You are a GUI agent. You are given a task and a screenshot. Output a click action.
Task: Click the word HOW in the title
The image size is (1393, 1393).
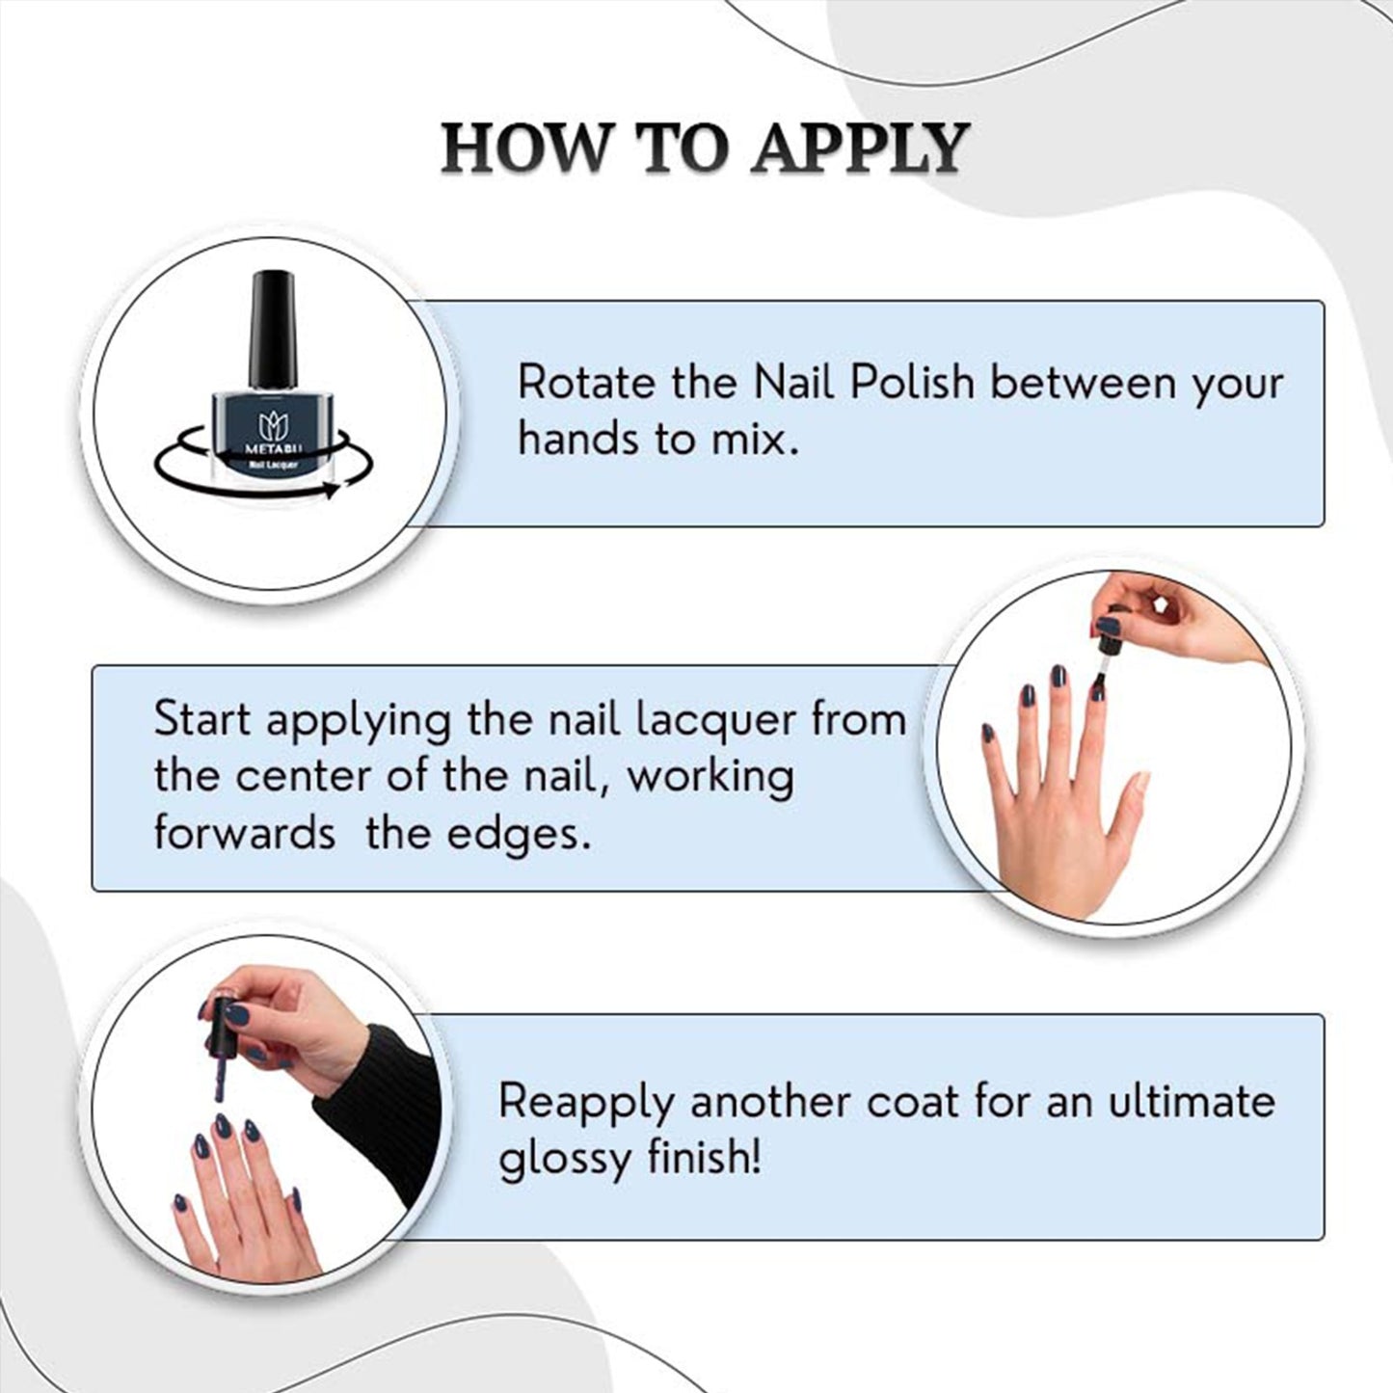(x=525, y=148)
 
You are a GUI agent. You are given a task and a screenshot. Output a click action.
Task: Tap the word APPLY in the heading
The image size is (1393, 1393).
(x=860, y=148)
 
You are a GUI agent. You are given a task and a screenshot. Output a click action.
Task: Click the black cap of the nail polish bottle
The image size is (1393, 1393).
(x=273, y=330)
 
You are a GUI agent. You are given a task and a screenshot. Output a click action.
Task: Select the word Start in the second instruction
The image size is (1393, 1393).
(x=202, y=719)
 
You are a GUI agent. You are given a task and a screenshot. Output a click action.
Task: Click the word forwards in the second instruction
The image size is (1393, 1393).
(x=244, y=834)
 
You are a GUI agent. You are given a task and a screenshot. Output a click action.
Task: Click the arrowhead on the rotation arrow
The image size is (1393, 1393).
(x=331, y=490)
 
